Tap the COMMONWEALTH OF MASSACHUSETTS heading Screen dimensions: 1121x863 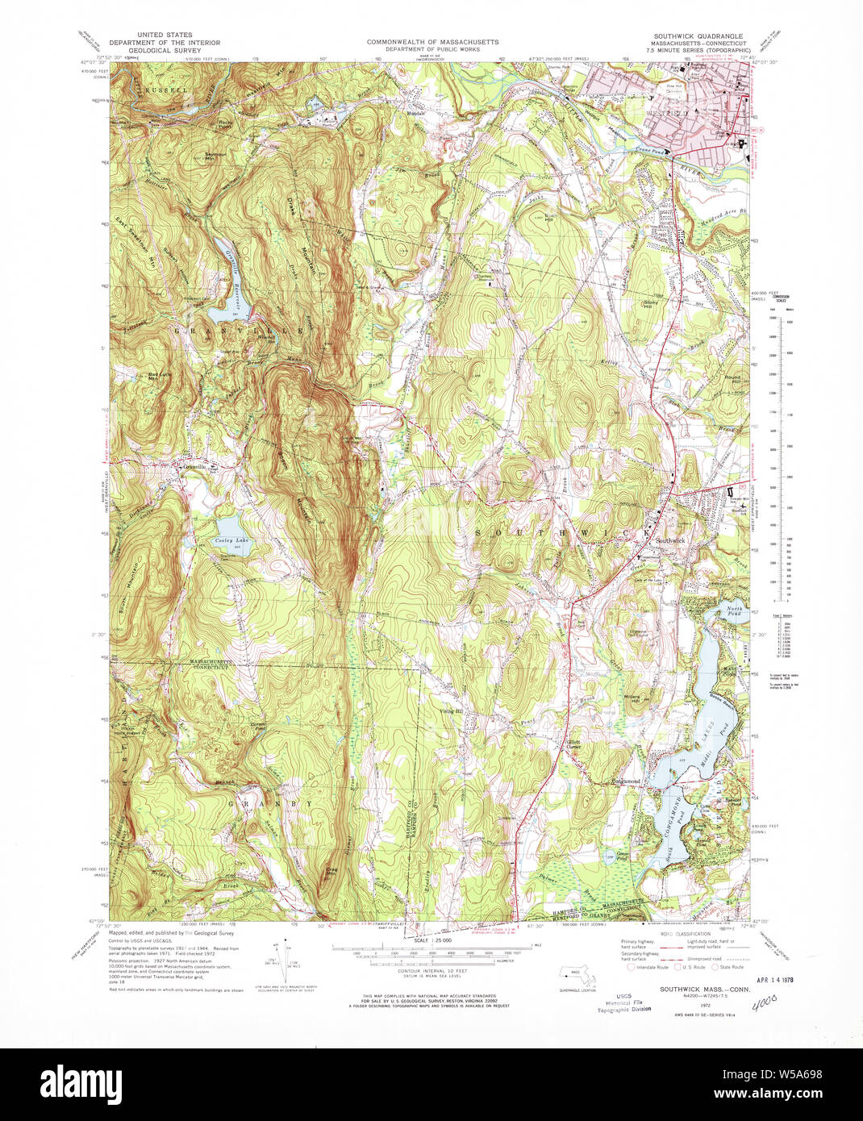click(432, 42)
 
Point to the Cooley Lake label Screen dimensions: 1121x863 click(227, 540)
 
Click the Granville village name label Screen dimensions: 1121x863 click(194, 466)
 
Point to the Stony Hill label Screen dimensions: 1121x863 click(651, 304)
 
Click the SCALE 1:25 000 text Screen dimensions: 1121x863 click(432, 940)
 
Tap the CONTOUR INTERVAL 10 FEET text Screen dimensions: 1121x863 click(432, 970)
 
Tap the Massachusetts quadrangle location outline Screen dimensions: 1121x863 click(578, 978)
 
